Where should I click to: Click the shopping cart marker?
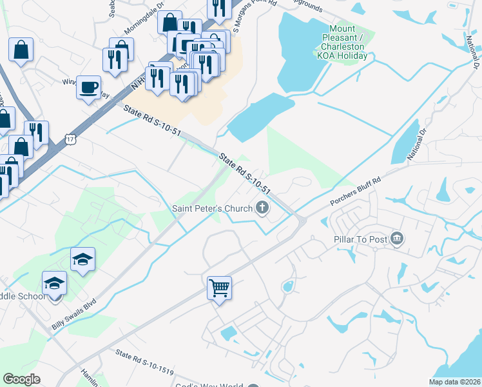click(x=220, y=287)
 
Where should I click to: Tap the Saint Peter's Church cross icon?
click(x=262, y=208)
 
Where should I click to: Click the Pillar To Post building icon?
click(x=397, y=239)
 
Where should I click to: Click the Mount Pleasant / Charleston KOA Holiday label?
click(x=342, y=42)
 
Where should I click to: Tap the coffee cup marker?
click(x=89, y=86)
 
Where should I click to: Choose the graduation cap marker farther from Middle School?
click(x=82, y=259)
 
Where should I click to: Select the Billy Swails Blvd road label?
click(x=75, y=314)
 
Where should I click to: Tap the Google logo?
click(x=22, y=379)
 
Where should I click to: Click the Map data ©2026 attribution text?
click(x=454, y=382)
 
